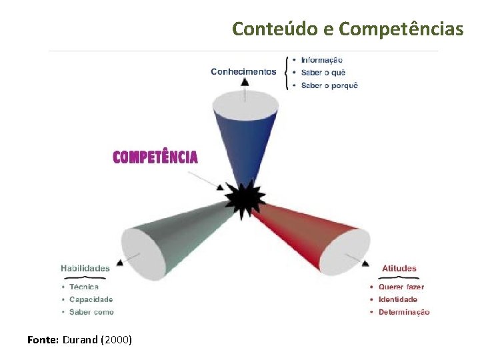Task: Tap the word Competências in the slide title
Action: coord(401,29)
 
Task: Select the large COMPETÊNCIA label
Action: coord(155,157)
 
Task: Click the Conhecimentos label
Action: coord(243,72)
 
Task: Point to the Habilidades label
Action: coord(85,269)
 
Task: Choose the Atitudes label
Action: coord(399,269)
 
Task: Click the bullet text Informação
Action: coord(321,60)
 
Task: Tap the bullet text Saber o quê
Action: coord(323,73)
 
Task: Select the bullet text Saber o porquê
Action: coord(329,85)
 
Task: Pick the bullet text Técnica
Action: coord(84,287)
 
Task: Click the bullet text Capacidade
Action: coord(91,300)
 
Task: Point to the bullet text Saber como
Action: coord(91,312)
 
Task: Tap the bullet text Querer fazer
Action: coord(401,287)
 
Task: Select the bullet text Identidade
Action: coord(398,299)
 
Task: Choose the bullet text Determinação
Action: coord(404,312)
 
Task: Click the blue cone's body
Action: coord(245,143)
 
